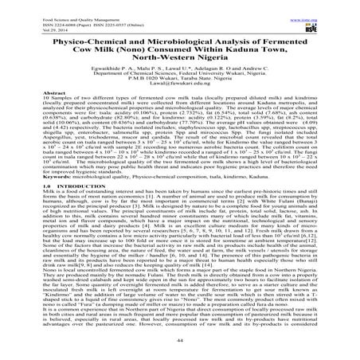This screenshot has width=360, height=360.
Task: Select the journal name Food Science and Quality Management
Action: (48, 8)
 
